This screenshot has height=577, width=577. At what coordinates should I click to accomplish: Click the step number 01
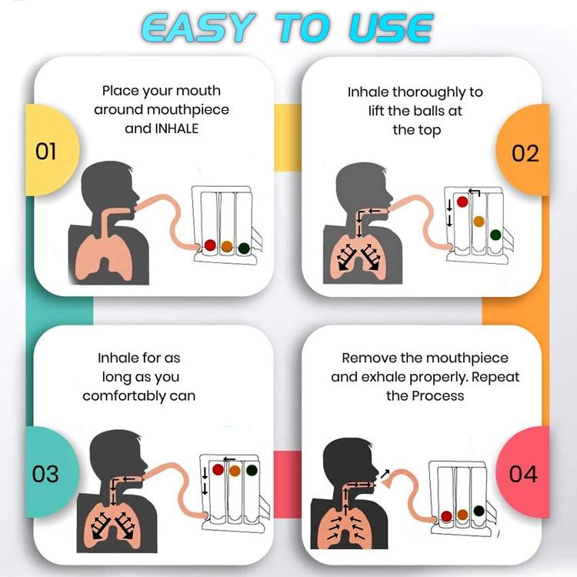[x=46, y=152]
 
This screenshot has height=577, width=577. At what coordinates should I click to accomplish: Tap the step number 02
[x=525, y=153]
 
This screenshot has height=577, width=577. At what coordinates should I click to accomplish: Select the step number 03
[x=45, y=474]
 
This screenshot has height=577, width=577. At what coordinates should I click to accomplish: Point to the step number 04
[x=523, y=474]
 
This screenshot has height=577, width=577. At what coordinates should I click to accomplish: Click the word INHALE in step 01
[x=177, y=128]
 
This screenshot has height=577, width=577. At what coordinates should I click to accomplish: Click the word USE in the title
[x=391, y=28]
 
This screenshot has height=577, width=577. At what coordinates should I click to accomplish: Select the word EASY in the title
[x=198, y=28]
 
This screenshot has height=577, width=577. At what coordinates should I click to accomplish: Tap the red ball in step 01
[x=210, y=245]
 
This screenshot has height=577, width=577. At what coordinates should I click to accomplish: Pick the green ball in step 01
[x=244, y=248]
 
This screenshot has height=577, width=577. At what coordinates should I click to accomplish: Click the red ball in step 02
[x=462, y=202]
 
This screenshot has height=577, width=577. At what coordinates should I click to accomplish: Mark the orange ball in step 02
[x=479, y=222]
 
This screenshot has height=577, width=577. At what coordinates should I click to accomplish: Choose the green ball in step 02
[x=495, y=235]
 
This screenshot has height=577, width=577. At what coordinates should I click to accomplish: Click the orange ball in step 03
[x=235, y=471]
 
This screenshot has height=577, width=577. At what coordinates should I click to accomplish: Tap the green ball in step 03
[x=252, y=470]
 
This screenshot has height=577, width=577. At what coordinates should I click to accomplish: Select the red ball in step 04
[x=446, y=516]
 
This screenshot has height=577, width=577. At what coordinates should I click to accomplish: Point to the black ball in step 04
[x=479, y=511]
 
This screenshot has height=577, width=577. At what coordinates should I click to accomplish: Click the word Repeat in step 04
[x=495, y=378]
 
